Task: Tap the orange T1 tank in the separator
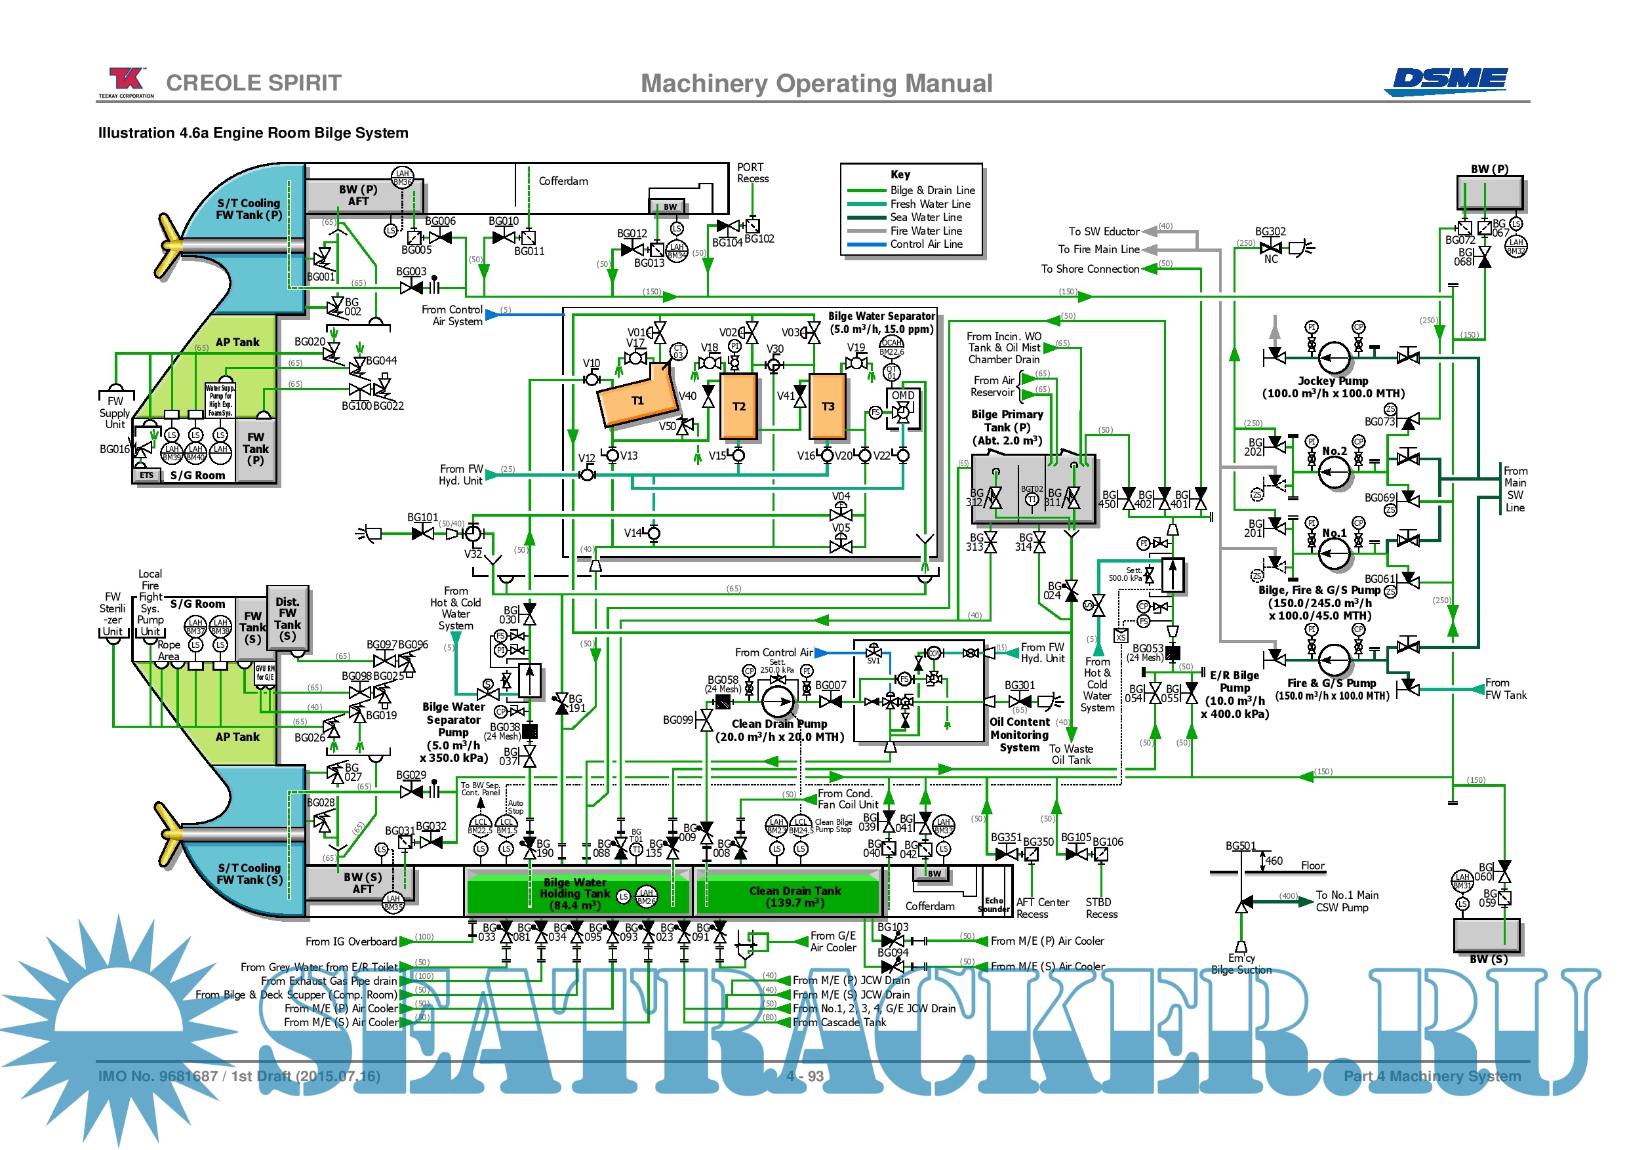click(637, 401)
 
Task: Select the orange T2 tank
click(738, 406)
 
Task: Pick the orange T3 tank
click(828, 406)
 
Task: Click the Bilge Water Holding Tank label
click(574, 894)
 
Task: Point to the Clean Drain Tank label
click(795, 896)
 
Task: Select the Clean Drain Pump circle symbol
click(777, 701)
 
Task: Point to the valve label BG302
click(1270, 231)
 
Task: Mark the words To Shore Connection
click(1089, 269)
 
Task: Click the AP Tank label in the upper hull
click(237, 342)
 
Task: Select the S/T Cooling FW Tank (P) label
click(249, 209)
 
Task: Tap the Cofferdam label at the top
click(563, 182)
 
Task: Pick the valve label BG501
click(1241, 846)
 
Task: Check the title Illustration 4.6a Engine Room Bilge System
click(253, 133)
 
